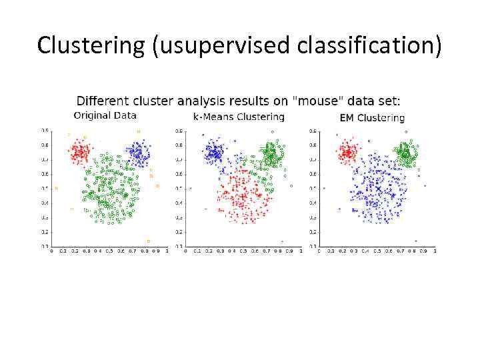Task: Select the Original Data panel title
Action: tap(105, 115)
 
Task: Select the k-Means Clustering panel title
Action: tap(239, 117)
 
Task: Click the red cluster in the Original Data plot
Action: tap(80, 153)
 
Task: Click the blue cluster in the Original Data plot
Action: tap(138, 154)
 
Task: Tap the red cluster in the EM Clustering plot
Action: tap(347, 153)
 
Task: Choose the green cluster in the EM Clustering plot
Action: tap(405, 154)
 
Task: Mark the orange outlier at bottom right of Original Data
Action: tap(148, 241)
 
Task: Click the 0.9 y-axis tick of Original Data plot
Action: tap(45, 130)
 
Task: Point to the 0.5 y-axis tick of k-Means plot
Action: tap(179, 189)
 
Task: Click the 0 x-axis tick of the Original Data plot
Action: tap(52, 251)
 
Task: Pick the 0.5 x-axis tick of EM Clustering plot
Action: tap(377, 251)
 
